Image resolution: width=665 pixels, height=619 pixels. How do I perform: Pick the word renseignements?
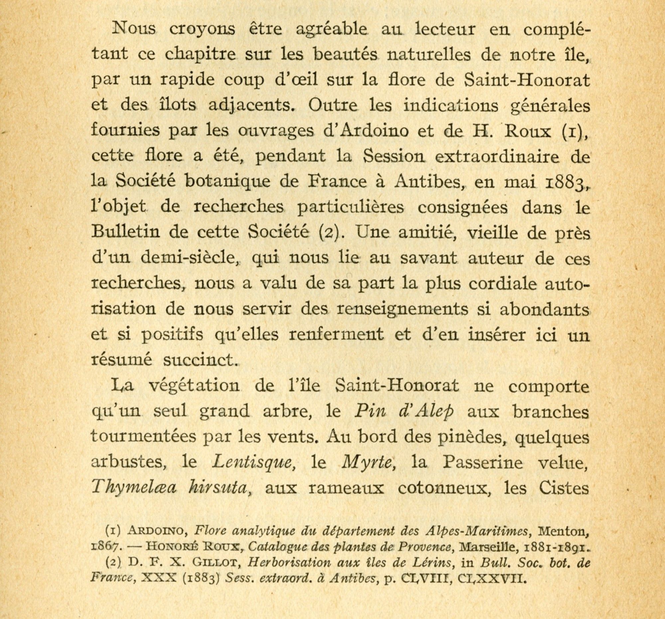click(x=402, y=309)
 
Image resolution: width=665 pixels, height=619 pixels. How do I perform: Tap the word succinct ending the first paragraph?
click(x=199, y=360)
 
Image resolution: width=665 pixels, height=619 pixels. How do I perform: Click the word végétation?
click(x=194, y=386)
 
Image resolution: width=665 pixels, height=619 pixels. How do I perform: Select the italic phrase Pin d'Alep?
click(x=404, y=411)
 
